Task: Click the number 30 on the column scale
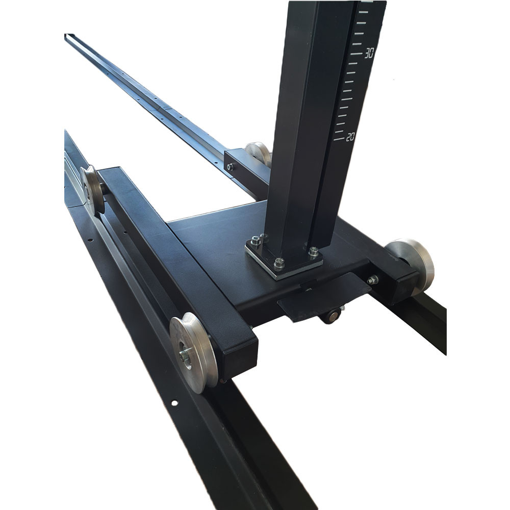369,53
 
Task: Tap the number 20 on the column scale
350,137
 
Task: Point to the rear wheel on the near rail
91,189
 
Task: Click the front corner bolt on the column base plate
279,264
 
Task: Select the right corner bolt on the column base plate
313,251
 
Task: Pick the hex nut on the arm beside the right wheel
373,279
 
